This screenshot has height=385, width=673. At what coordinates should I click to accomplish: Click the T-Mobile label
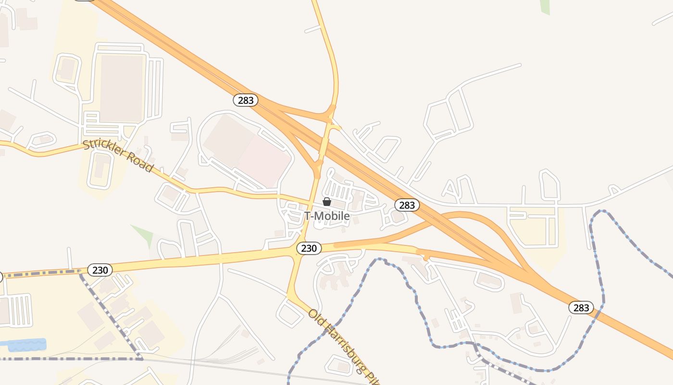[x=327, y=216]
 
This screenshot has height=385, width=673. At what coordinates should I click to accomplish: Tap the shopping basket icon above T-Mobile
[x=327, y=202]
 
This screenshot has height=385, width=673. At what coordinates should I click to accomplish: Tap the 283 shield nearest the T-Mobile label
[x=407, y=205]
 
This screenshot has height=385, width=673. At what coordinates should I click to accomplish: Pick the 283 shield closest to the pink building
[x=246, y=100]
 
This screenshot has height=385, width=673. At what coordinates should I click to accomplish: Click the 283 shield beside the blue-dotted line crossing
[x=581, y=308]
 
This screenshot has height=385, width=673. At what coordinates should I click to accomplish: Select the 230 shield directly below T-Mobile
[x=309, y=248]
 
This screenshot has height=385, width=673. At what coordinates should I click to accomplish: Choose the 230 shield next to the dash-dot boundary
[x=100, y=270]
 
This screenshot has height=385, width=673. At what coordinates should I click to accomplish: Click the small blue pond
[x=26, y=345]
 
